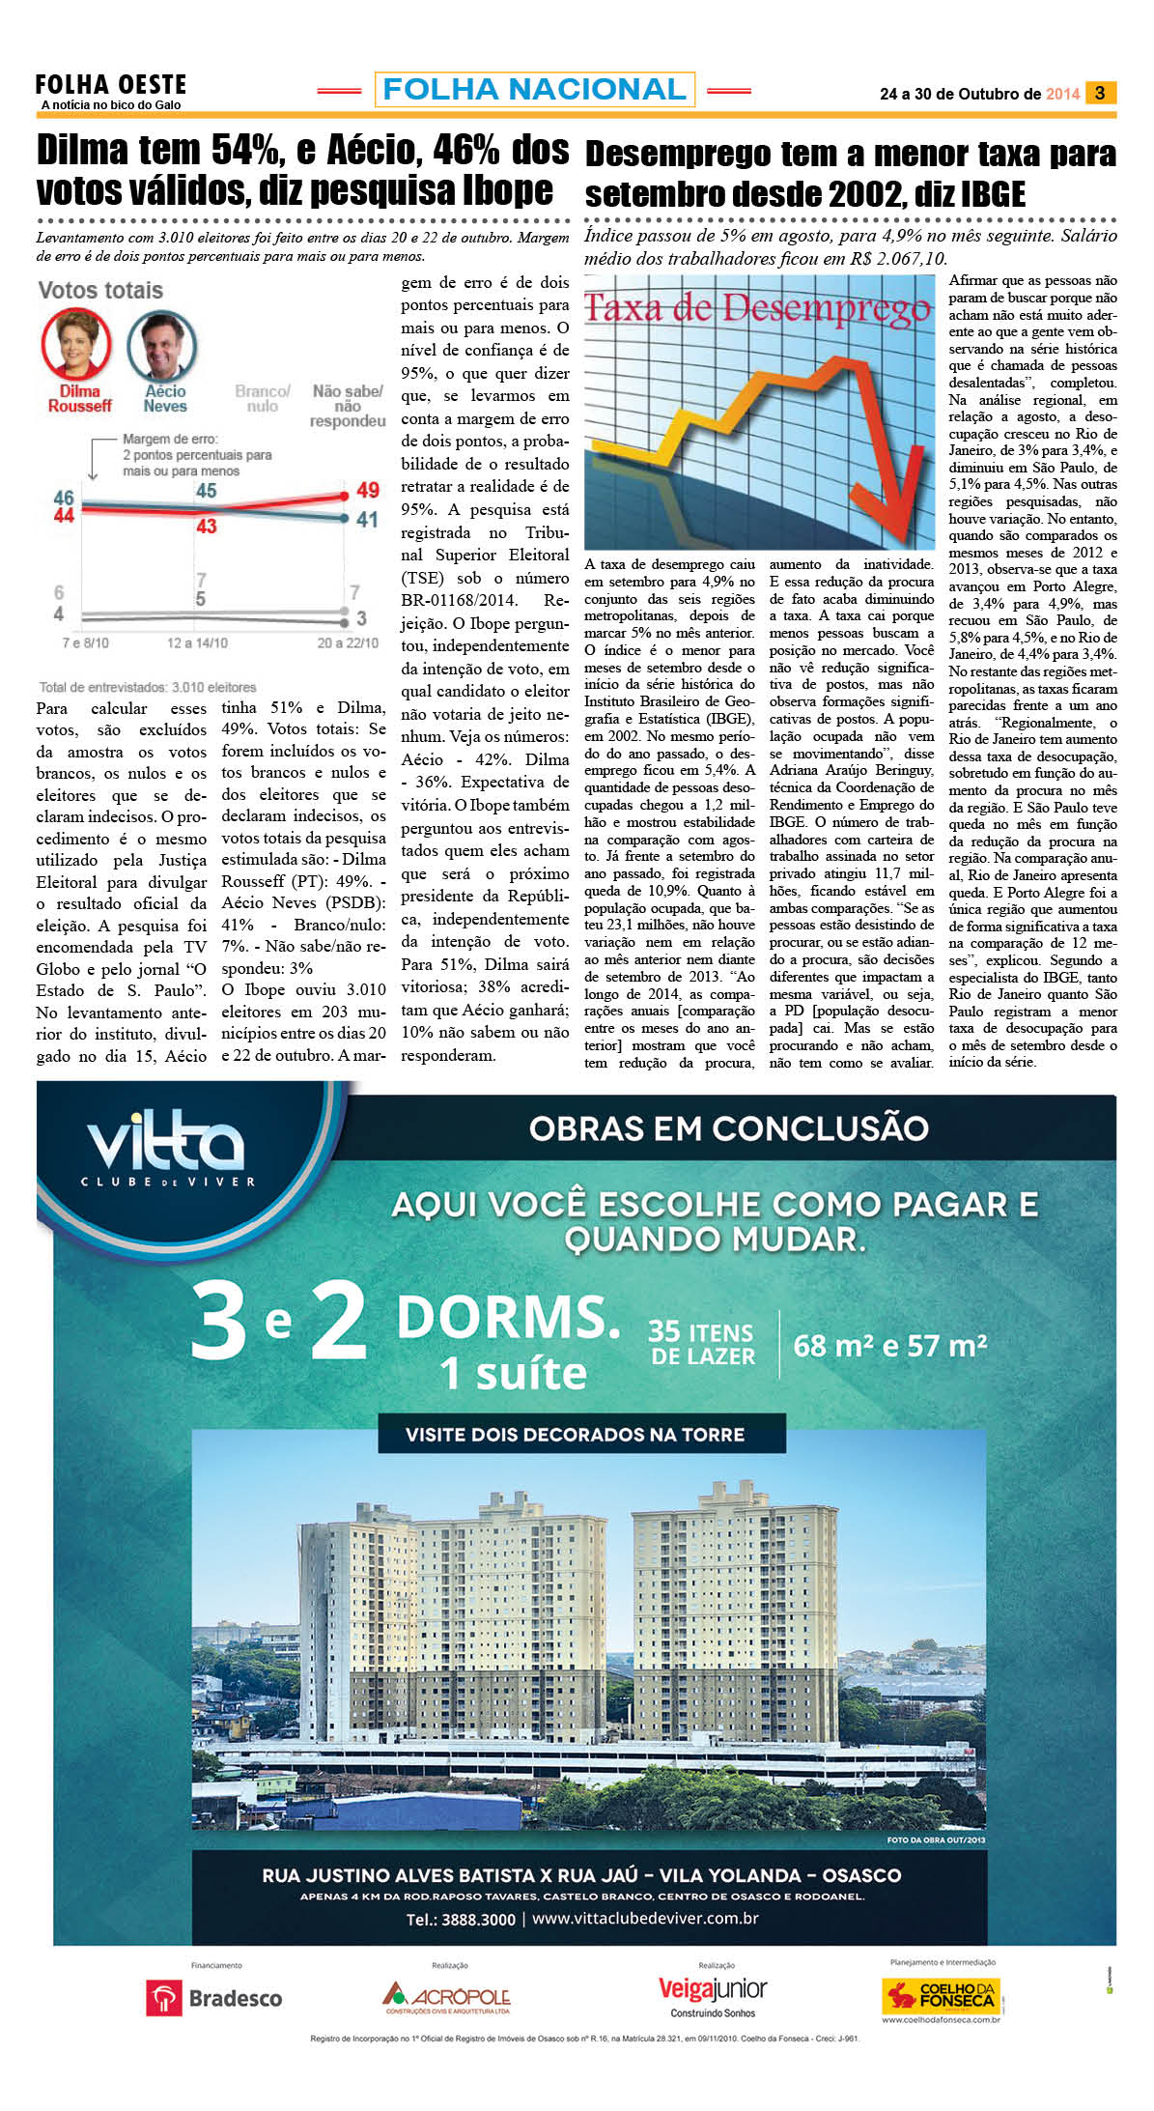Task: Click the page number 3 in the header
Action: (x=1100, y=93)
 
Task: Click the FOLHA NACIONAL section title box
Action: (x=534, y=90)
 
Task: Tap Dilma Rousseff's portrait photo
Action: (x=75, y=344)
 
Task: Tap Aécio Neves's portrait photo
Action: (x=162, y=346)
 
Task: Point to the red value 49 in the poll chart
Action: (x=367, y=490)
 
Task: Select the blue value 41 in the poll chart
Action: (x=367, y=520)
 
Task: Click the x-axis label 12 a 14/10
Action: (x=197, y=642)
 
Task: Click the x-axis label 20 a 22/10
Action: (x=348, y=642)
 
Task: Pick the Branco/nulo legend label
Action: (x=262, y=399)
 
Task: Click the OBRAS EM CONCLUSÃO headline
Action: (x=728, y=1127)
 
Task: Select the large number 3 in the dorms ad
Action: (x=219, y=1322)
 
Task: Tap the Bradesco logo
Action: (x=214, y=1998)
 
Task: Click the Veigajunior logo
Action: (x=713, y=1991)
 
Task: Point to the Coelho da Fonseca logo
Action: (x=941, y=1996)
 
